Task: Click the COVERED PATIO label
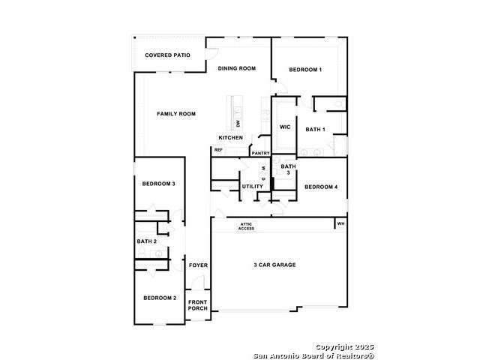[x=167, y=55]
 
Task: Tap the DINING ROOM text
[x=237, y=68]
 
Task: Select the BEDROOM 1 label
[x=305, y=70]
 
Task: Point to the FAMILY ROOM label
[x=176, y=113]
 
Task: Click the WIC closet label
[x=285, y=127]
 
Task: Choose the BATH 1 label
[x=315, y=130]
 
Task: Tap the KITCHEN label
[x=230, y=138]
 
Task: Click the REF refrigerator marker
[x=218, y=150]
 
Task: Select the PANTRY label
[x=260, y=153]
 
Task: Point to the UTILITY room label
[x=253, y=187]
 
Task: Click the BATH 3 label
[x=288, y=169]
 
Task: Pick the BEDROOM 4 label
[x=321, y=187]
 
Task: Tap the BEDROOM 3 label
[x=158, y=184]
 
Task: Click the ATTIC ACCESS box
[x=246, y=226]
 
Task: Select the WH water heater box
[x=340, y=223]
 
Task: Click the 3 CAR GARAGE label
[x=274, y=265]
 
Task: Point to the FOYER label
[x=198, y=265]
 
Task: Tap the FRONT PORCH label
[x=198, y=305]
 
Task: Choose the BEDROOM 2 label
[x=160, y=298]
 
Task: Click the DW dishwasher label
[x=238, y=123]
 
